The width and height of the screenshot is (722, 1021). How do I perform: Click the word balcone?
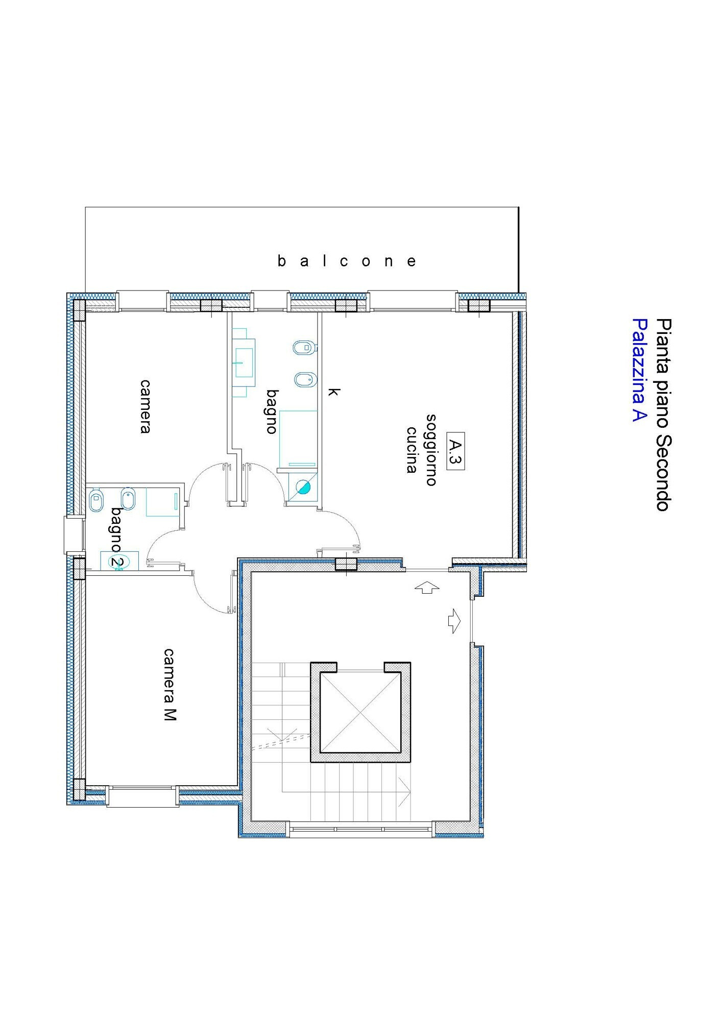coord(347,261)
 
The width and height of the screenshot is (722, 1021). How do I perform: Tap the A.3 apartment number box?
coord(455,451)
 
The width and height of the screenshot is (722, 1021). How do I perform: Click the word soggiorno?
coord(431,450)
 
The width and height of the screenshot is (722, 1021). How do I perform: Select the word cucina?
coord(412,450)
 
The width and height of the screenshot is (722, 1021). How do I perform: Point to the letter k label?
coord(333,392)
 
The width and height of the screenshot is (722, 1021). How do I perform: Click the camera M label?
coord(170,684)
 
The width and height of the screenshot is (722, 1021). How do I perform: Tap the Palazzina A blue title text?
coord(639,370)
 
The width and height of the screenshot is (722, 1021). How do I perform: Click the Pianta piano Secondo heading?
coord(663,415)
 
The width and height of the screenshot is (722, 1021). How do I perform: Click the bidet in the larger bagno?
coord(306,380)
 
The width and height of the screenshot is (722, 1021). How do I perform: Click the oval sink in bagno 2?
coord(118,562)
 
